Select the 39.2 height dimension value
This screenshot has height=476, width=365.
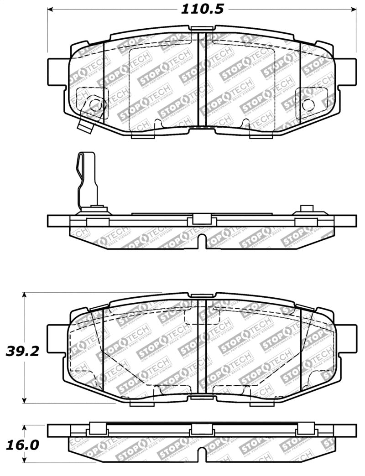(21, 351)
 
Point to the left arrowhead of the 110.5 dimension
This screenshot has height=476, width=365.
(51, 9)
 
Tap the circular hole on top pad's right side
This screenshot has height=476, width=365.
(309, 104)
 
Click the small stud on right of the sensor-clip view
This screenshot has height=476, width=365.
(306, 209)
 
